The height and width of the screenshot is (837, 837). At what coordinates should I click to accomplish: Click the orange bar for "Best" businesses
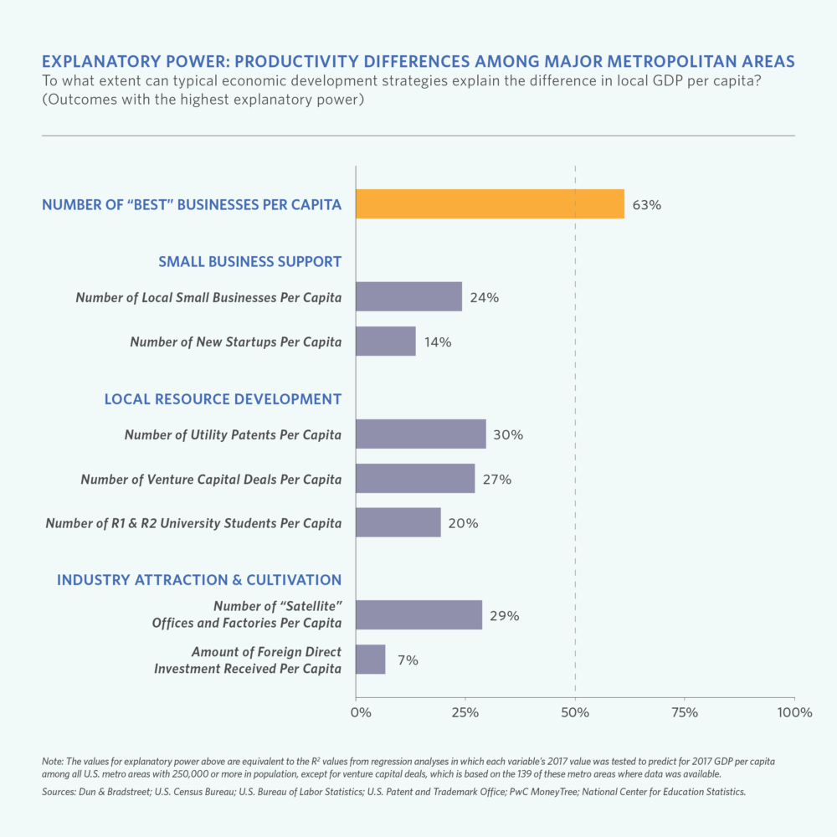[x=490, y=203]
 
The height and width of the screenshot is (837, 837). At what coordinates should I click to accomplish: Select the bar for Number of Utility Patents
[x=420, y=434]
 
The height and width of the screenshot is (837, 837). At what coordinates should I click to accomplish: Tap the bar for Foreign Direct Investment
[x=370, y=660]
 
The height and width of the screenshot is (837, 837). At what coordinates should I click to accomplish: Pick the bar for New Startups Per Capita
[x=385, y=341]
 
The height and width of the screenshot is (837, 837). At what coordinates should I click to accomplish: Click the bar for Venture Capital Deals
[x=414, y=479]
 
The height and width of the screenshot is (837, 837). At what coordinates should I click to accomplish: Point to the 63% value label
[x=646, y=204]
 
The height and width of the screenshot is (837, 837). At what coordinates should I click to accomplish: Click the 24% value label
[x=484, y=297]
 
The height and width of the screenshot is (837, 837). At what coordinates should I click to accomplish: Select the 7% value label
[x=408, y=660]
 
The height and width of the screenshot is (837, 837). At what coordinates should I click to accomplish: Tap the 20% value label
[x=463, y=523]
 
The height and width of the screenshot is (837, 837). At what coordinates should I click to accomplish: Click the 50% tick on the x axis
[x=575, y=712]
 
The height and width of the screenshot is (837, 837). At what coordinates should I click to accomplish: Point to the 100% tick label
[x=794, y=712]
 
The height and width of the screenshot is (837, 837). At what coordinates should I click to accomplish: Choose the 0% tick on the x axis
[x=360, y=712]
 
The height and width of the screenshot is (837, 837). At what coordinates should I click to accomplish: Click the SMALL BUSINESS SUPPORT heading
[x=249, y=262]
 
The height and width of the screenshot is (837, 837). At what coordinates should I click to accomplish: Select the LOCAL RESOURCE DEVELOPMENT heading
[x=223, y=399]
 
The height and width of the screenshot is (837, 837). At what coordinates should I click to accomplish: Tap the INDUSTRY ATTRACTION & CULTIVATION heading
[x=199, y=579]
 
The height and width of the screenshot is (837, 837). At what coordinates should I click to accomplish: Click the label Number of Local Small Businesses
[x=208, y=297]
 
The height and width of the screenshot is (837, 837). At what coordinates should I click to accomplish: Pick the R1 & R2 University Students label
[x=193, y=523]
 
